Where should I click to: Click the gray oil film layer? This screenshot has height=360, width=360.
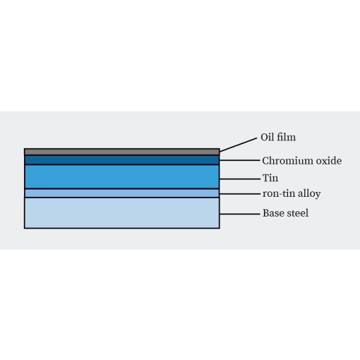tap(122, 152)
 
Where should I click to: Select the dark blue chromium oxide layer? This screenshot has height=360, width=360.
tap(122, 160)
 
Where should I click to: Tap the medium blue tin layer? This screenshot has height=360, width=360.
tap(122, 177)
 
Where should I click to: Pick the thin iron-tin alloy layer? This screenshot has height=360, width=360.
tap(122, 193)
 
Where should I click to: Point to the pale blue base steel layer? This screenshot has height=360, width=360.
tap(122, 213)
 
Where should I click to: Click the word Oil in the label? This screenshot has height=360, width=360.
tap(268, 137)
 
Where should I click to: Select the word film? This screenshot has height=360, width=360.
tap(286, 137)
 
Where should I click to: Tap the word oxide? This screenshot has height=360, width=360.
tap(329, 161)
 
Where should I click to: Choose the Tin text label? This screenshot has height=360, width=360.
tap(270, 178)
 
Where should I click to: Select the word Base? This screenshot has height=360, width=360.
tap(274, 213)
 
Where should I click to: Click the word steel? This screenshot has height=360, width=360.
tap(298, 213)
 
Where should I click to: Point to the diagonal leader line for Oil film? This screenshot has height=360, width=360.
tap(238, 145)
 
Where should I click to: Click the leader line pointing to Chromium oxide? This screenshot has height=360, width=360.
tap(239, 160)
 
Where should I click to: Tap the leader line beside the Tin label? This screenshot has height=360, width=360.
tap(240, 179)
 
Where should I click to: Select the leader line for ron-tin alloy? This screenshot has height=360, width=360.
tap(240, 194)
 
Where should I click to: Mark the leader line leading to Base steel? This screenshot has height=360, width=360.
tap(239, 214)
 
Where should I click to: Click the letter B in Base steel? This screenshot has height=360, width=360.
tap(265, 213)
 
